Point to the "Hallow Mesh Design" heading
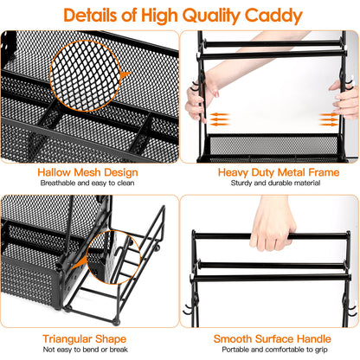pos(88,172)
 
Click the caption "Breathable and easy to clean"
pos(88,183)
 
